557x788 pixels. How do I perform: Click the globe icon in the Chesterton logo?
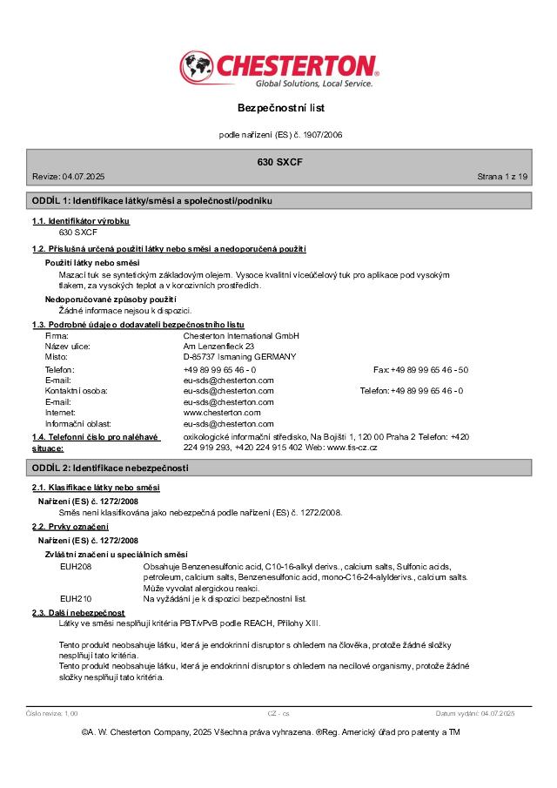click(x=198, y=67)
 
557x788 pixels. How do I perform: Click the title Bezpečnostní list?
click(x=280, y=108)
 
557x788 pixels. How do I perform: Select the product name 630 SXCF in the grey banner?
click(x=280, y=163)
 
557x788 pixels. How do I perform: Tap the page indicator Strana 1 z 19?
click(x=502, y=177)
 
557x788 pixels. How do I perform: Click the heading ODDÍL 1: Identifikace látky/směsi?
click(x=152, y=201)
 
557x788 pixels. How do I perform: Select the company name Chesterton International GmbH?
click(x=241, y=335)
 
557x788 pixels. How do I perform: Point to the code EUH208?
click(x=75, y=566)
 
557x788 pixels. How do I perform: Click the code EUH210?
click(x=75, y=599)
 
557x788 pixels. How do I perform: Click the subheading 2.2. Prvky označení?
click(x=70, y=528)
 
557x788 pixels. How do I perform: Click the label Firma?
click(x=57, y=335)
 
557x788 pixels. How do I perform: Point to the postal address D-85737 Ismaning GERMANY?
click(x=239, y=357)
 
